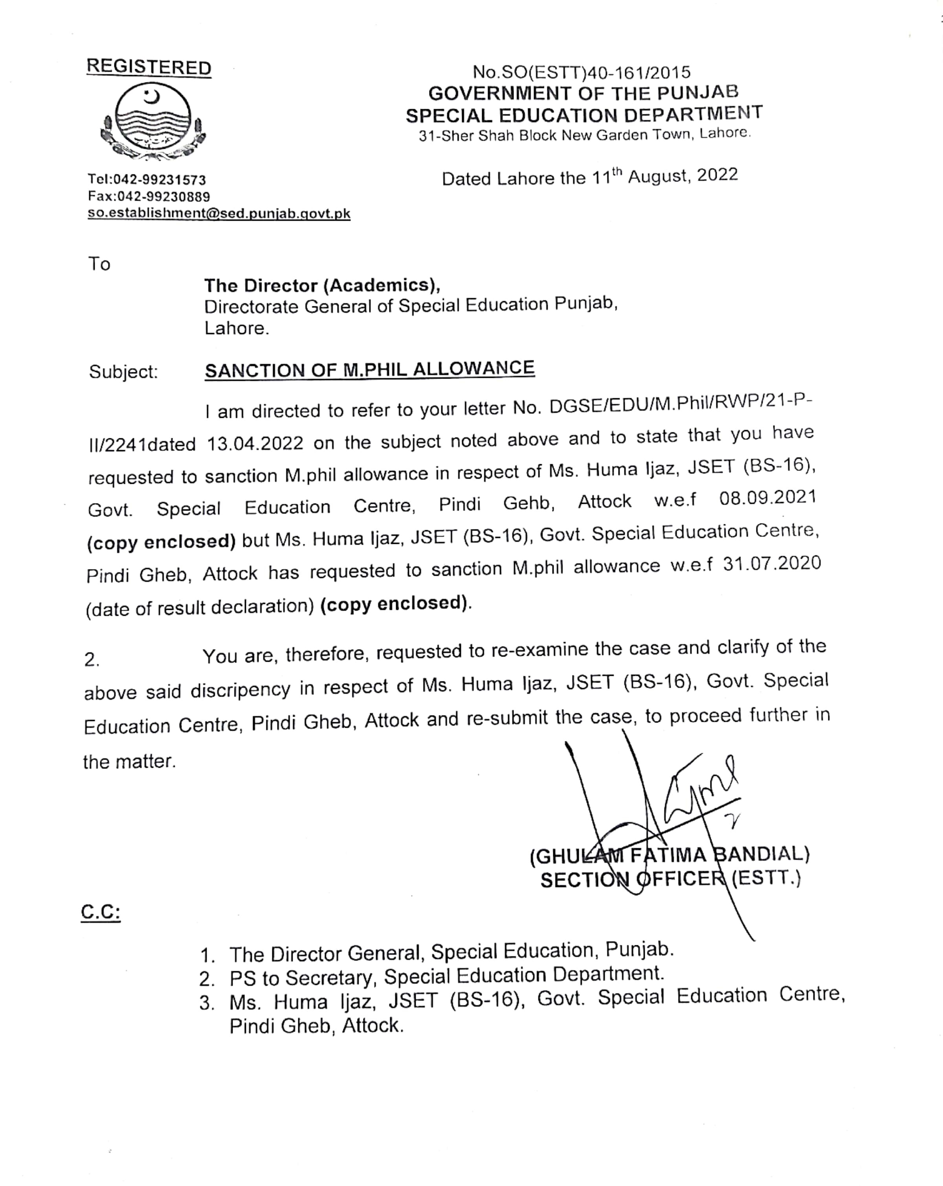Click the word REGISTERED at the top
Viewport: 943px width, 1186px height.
[x=149, y=67]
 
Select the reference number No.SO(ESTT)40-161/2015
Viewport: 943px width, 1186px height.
[x=582, y=72]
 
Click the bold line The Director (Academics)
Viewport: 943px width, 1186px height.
[x=322, y=285]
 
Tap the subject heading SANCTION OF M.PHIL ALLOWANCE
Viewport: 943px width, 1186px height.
[x=369, y=369]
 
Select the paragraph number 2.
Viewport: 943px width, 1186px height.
[x=92, y=659]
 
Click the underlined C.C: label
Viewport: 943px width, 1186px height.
[x=100, y=912]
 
